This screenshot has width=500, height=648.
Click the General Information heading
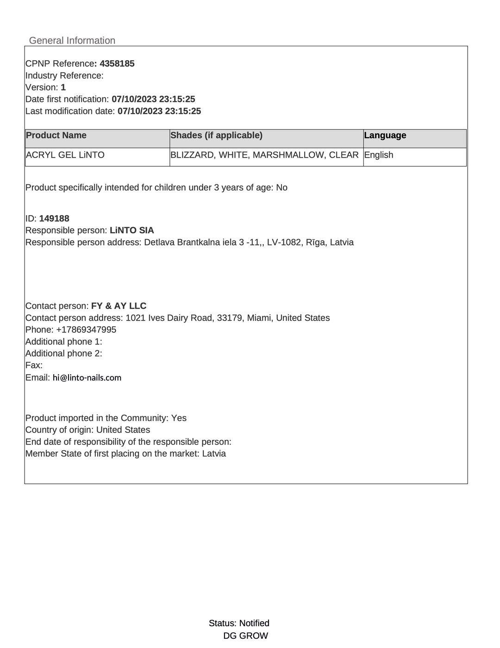click(72, 40)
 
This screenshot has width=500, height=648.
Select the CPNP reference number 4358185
click(117, 64)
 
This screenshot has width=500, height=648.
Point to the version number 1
click(63, 87)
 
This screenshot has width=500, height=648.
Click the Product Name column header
click(56, 135)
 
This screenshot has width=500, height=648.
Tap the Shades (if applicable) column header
click(216, 135)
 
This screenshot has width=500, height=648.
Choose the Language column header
click(385, 135)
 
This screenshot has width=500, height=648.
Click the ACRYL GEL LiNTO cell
click(65, 155)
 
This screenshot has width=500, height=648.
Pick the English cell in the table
click(379, 155)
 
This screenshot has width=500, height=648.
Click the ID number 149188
click(54, 218)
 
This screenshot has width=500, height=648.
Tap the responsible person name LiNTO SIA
click(132, 230)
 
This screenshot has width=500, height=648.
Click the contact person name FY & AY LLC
click(119, 306)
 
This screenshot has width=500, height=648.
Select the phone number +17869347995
click(86, 330)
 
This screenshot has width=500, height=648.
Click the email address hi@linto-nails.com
click(87, 378)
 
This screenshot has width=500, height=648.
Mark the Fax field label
click(34, 365)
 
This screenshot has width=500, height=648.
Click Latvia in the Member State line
click(214, 453)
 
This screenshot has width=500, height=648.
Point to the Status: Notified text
click(239, 623)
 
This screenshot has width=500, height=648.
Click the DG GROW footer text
click(245, 636)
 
